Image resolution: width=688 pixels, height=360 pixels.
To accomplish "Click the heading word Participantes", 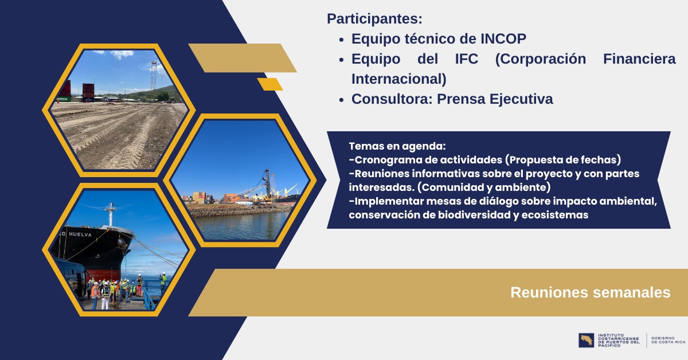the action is pyautogui.click(x=374, y=19).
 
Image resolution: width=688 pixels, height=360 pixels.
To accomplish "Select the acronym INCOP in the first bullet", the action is pyautogui.click(x=503, y=39).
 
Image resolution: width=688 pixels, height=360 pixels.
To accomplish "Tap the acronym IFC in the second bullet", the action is pyautogui.click(x=467, y=58).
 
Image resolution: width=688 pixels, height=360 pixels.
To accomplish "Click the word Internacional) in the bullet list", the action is pyautogui.click(x=398, y=79).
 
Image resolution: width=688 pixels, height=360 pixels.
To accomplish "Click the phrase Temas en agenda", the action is pyautogui.click(x=397, y=146).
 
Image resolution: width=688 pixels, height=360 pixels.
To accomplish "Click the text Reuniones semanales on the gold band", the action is pyautogui.click(x=591, y=292).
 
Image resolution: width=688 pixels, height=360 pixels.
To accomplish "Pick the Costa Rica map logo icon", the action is pyautogui.click(x=587, y=341).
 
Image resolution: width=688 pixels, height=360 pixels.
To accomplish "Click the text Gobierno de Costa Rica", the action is pyautogui.click(x=668, y=340).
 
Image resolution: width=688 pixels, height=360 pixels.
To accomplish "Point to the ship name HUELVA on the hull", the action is pyautogui.click(x=80, y=234).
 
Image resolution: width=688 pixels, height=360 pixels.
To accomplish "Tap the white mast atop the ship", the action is pyautogui.click(x=110, y=214).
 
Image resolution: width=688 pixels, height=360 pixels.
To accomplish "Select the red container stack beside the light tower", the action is pyautogui.click(x=88, y=91).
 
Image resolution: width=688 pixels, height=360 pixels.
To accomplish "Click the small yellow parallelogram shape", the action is pyautogui.click(x=270, y=84).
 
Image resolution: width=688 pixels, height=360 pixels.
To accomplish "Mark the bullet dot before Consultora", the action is pyautogui.click(x=342, y=100).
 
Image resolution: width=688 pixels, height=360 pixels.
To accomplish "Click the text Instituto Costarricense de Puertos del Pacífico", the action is pyautogui.click(x=619, y=341).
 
